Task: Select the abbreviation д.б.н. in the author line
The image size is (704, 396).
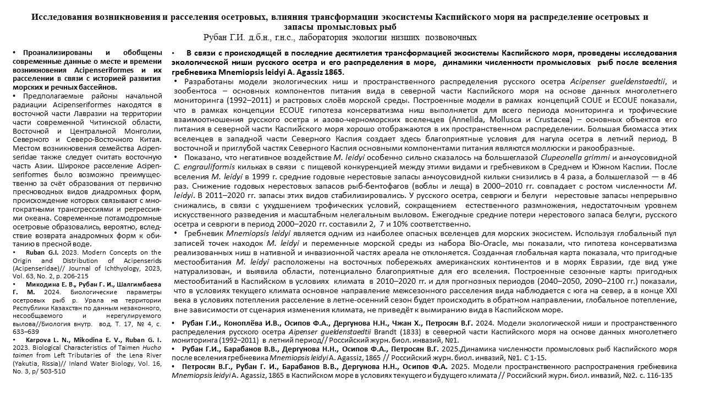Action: click(261, 37)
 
